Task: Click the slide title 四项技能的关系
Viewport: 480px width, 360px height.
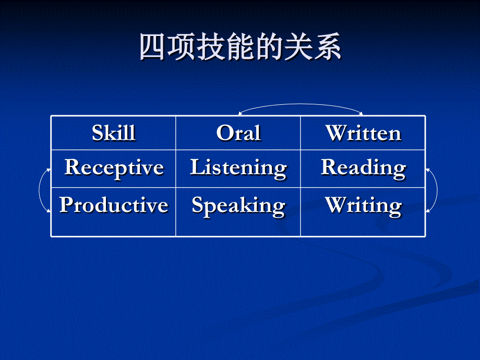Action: pyautogui.click(x=240, y=48)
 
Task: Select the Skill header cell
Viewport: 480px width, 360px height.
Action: pyautogui.click(x=113, y=133)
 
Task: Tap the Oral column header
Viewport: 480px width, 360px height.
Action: pyautogui.click(x=238, y=133)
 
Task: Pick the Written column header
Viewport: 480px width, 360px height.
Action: pyautogui.click(x=363, y=133)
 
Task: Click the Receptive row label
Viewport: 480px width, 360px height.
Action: pyautogui.click(x=114, y=167)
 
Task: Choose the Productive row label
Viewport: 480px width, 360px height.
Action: pyautogui.click(x=114, y=205)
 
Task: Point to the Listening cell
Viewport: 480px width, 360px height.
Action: pyautogui.click(x=238, y=168)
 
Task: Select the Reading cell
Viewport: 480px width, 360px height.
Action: pyautogui.click(x=363, y=168)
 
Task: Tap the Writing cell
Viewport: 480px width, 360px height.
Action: pyautogui.click(x=363, y=206)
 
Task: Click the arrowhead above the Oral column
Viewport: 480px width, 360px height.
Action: pyautogui.click(x=240, y=113)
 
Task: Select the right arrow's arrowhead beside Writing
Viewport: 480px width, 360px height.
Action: pyautogui.click(x=428, y=211)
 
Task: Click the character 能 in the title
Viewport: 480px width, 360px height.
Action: pyautogui.click(x=240, y=48)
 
